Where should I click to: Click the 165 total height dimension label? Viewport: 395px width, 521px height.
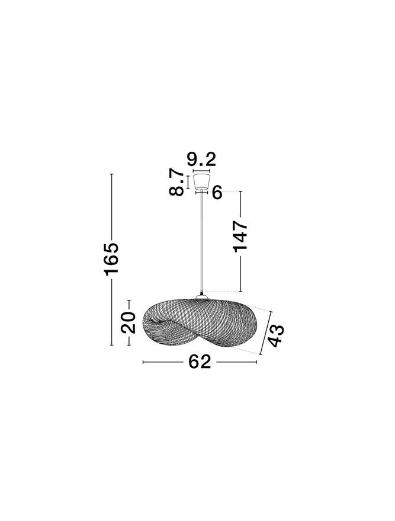111,259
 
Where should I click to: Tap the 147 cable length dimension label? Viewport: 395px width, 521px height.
240,236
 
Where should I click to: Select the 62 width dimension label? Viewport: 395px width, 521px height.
200,362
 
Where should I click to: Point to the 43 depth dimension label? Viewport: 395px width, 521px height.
276,336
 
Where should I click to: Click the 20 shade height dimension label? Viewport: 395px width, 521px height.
129,322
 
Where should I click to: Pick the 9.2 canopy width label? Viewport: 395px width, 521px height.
201,159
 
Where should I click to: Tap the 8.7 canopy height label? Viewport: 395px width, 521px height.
176,182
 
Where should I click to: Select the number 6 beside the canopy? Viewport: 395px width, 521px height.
217,193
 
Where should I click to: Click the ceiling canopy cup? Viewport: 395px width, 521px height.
201,181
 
